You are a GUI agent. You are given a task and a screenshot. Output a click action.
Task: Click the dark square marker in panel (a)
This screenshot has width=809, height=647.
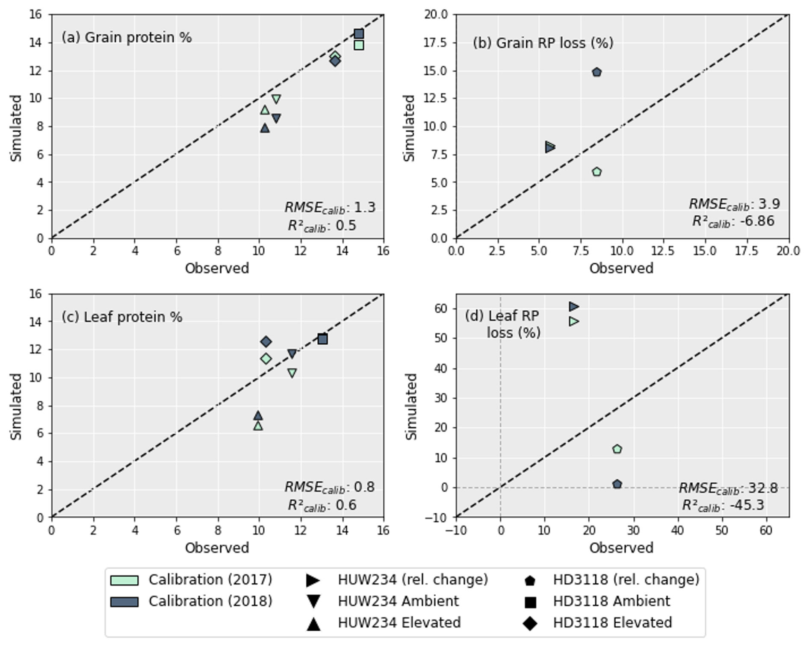359,33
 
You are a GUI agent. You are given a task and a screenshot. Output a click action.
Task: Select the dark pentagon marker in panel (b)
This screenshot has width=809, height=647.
596,72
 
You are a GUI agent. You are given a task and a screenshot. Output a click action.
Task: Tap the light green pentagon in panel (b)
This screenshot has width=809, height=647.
596,172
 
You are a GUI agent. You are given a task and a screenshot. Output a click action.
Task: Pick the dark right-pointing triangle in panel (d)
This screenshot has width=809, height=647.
573,306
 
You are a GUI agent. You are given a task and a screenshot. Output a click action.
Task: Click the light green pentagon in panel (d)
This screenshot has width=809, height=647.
617,449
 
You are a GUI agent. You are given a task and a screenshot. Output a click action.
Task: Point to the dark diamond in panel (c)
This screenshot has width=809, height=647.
266,341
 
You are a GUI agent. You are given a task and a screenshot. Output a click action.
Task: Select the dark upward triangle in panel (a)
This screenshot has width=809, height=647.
265,128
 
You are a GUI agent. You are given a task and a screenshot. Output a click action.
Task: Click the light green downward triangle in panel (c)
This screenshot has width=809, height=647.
292,373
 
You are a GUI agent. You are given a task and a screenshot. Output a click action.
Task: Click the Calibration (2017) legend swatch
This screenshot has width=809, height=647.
124,580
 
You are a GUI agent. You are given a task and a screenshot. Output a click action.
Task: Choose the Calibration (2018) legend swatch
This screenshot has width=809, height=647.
124,601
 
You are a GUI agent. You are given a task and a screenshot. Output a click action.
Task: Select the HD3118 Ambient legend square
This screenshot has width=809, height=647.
530,602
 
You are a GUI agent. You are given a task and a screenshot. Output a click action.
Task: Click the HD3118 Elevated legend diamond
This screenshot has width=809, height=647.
530,623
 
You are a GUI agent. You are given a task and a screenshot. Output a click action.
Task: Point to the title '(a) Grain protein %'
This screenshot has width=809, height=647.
127,38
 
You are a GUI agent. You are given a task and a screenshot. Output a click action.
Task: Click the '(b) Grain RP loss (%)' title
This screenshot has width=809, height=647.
543,43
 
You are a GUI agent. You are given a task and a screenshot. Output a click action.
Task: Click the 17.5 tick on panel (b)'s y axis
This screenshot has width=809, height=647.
436,43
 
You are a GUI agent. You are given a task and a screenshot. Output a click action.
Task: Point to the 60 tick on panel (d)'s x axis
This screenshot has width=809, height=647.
765,530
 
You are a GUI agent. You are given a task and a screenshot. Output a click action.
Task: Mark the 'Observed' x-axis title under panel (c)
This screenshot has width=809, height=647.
217,547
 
